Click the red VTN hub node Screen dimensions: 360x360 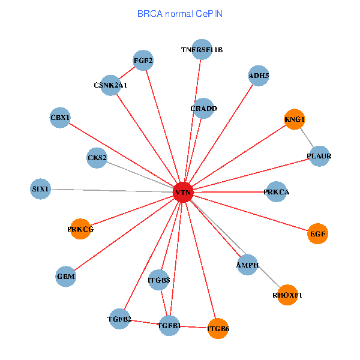[183, 192]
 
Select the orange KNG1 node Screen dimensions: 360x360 [295, 119]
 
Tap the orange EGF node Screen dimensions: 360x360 [317, 234]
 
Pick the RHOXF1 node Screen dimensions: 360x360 [287, 295]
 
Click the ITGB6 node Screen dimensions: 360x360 [218, 328]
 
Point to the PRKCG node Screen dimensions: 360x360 [80, 229]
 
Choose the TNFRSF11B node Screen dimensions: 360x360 [202, 50]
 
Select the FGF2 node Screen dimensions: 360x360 [143, 61]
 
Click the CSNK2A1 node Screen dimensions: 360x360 [110, 85]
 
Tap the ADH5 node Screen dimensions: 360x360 [259, 76]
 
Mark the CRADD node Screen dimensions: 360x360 [203, 109]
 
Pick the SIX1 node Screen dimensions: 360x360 [40, 189]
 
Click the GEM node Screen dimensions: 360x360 [65, 277]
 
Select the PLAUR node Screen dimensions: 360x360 [319, 156]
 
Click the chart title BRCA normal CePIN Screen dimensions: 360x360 [180, 14]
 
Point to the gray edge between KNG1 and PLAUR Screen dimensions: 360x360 [307, 138]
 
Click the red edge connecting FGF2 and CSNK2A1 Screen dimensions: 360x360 [127, 73]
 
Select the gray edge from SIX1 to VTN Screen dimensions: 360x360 [112, 191]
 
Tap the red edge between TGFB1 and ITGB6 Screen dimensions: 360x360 [194, 327]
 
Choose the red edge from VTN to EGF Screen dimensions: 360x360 [250, 213]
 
